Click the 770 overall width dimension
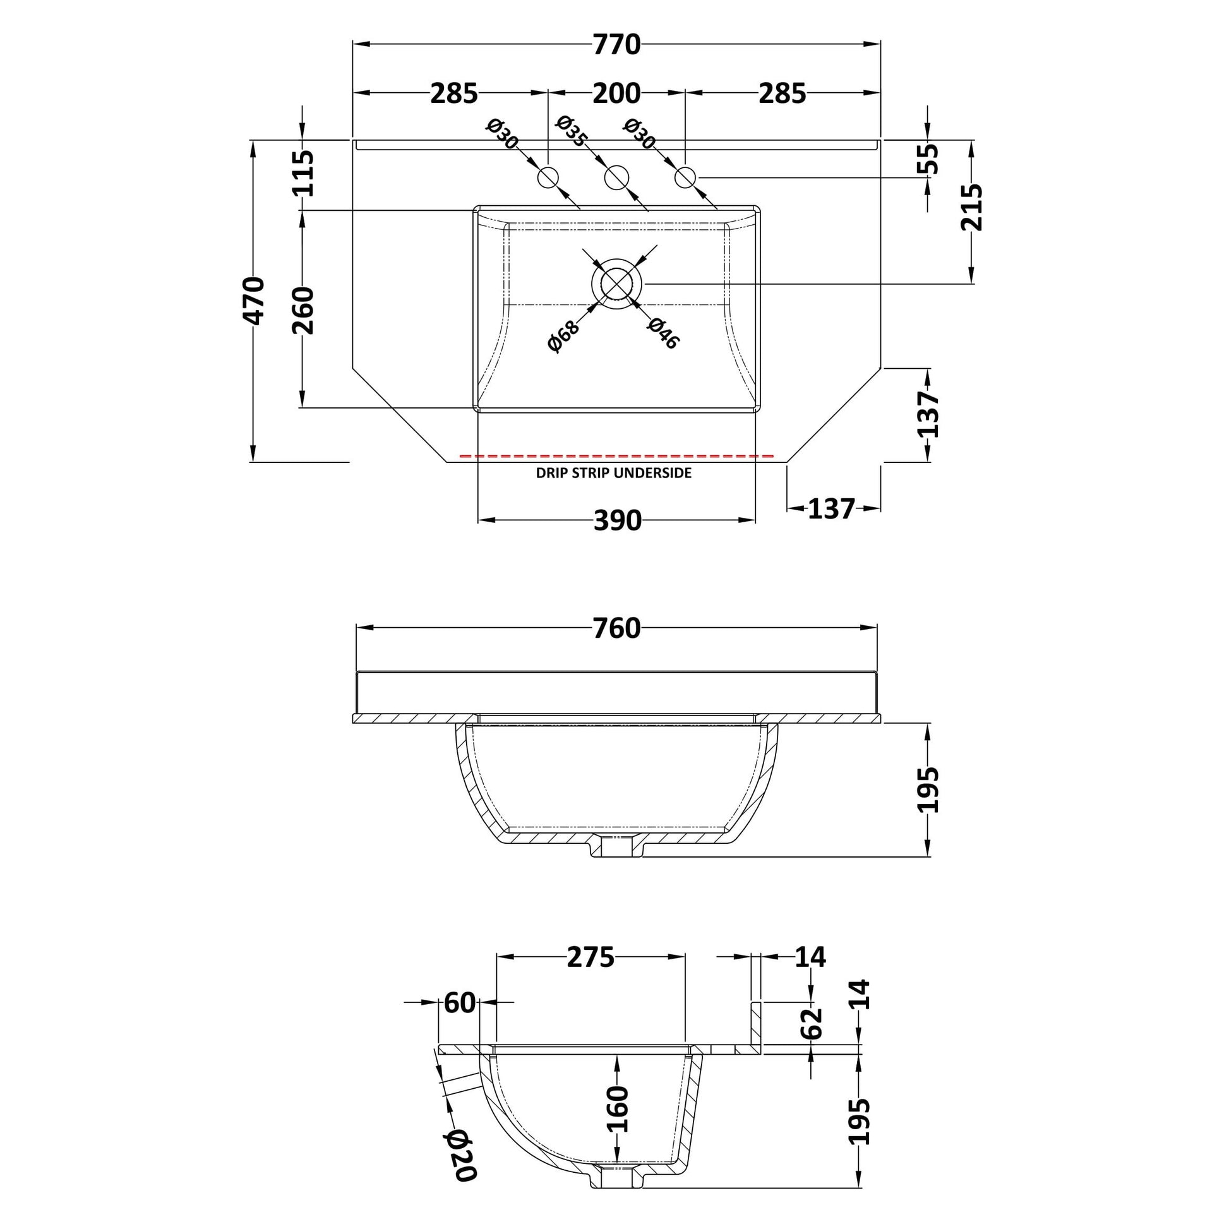click(x=616, y=45)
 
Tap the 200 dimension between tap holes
click(x=616, y=93)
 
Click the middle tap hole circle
click(x=616, y=177)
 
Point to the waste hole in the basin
click(x=618, y=283)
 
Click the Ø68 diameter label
click(x=563, y=335)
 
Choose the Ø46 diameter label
click(x=664, y=333)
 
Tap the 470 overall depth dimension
click(x=255, y=300)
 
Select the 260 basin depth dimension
click(x=303, y=311)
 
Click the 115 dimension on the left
click(x=303, y=172)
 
